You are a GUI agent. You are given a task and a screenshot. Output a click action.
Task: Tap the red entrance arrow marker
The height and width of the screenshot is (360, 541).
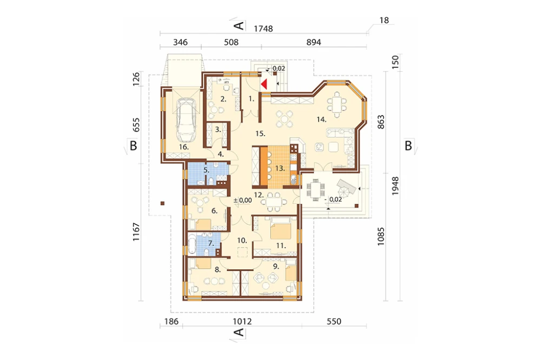(x=265, y=84)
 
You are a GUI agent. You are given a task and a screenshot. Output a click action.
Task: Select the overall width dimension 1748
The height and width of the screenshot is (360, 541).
(x=263, y=29)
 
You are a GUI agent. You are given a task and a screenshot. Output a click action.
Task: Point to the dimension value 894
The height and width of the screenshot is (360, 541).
(x=314, y=42)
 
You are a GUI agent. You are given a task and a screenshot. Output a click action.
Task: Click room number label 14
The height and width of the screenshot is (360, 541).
(x=321, y=119)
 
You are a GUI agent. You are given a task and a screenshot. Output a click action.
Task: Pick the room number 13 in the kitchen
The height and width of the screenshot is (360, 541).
(x=280, y=169)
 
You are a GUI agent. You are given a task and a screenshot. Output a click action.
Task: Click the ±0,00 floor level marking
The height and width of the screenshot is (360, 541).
(x=242, y=201)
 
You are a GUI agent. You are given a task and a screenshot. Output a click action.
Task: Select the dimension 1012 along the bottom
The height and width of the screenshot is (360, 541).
(x=242, y=322)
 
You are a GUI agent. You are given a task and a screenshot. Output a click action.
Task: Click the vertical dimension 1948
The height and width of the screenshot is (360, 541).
(x=395, y=186)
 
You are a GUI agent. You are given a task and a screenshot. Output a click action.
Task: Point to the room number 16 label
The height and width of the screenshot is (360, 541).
(x=184, y=147)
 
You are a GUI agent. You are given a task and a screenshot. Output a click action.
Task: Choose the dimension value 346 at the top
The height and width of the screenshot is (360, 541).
(x=180, y=42)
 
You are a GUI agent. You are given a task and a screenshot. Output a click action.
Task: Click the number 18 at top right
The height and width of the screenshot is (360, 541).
(x=384, y=21)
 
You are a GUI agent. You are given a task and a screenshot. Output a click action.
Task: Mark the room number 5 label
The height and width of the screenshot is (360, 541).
(x=206, y=170)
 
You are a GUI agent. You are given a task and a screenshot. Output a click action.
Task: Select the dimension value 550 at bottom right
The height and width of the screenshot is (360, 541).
(x=334, y=322)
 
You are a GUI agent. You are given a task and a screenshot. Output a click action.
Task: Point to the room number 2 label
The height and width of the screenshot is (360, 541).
(x=223, y=99)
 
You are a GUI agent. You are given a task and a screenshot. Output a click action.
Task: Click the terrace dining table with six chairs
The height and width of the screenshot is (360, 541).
(x=315, y=190)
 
